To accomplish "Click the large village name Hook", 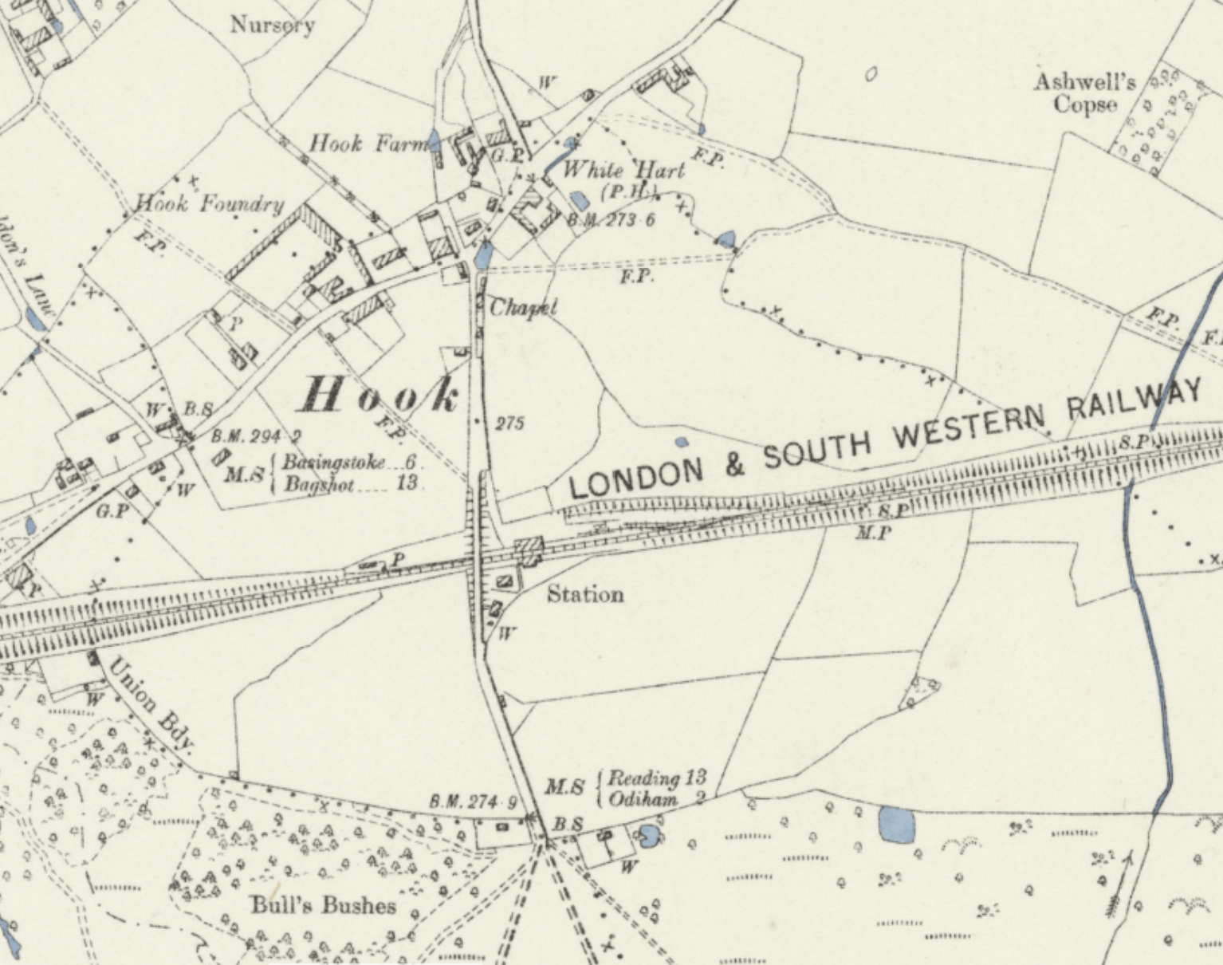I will click(x=381, y=396).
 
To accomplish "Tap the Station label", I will click(x=585, y=595).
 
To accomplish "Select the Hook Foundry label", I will click(x=210, y=204).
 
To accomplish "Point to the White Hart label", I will click(x=623, y=170).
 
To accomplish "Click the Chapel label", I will click(x=523, y=308).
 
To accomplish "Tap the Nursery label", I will click(x=273, y=26).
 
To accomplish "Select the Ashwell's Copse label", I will click(x=1085, y=93).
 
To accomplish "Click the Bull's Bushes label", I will click(x=323, y=905).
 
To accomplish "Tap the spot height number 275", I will click(x=509, y=423).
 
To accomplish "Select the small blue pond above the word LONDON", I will click(x=681, y=442).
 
